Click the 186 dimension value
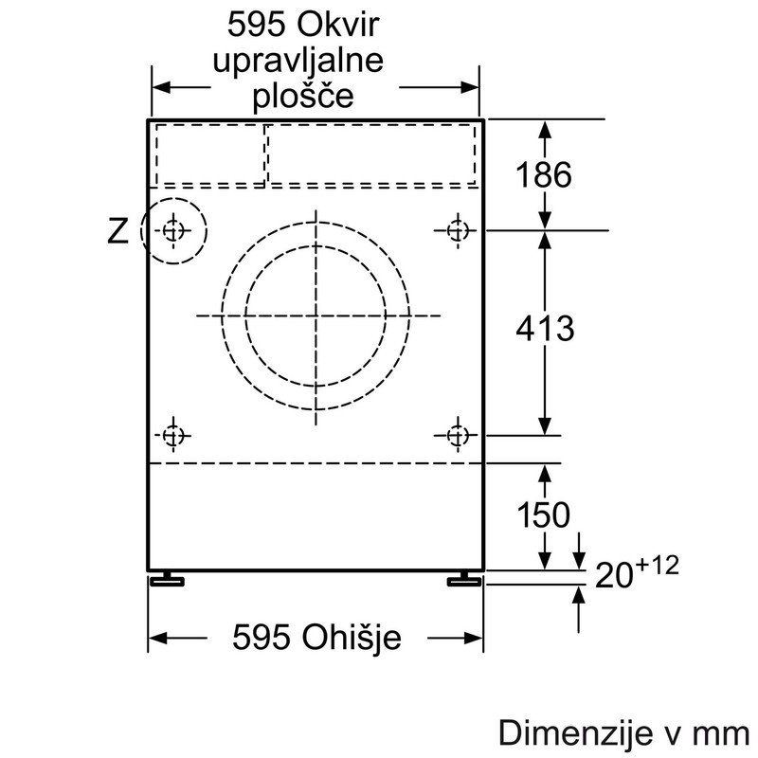(544, 174)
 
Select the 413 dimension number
(545, 329)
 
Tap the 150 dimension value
(543, 514)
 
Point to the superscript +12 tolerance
(657, 566)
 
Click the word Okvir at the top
(338, 25)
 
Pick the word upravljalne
(298, 62)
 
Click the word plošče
(303, 98)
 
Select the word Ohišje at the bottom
(351, 638)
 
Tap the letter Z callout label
(117, 231)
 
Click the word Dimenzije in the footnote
(575, 732)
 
